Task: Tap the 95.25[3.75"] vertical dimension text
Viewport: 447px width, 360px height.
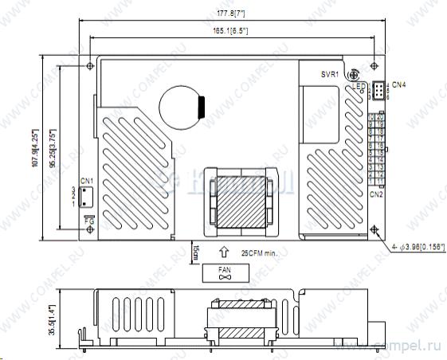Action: [53, 147]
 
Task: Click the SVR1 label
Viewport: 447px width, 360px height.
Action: [330, 74]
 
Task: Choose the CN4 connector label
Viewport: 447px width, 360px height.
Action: [399, 84]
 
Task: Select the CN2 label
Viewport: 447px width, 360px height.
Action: [377, 194]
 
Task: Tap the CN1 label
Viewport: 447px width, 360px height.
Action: [88, 180]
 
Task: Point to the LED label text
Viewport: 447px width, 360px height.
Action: [359, 86]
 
